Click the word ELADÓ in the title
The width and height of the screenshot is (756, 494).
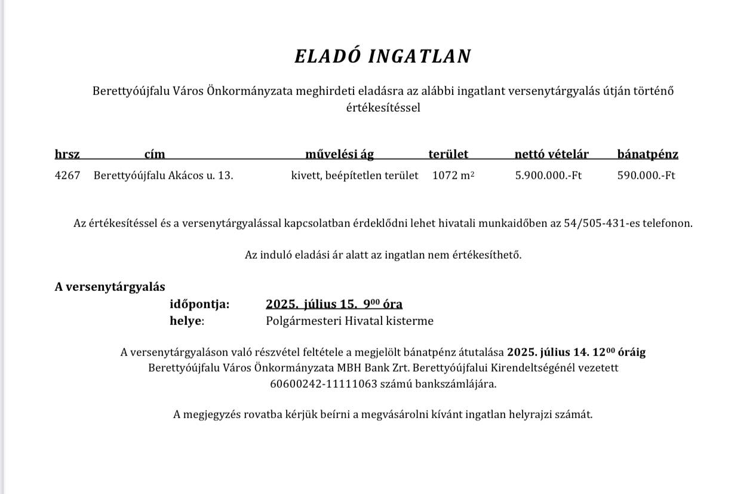pyautogui.click(x=328, y=56)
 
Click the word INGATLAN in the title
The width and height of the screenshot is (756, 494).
pyautogui.click(x=420, y=56)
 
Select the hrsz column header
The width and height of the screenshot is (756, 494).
pyautogui.click(x=67, y=154)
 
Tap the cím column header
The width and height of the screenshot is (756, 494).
pyautogui.click(x=155, y=154)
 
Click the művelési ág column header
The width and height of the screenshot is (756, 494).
pyautogui.click(x=339, y=154)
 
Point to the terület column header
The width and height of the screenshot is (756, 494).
pyautogui.click(x=448, y=154)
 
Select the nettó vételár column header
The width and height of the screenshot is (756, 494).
pyautogui.click(x=551, y=154)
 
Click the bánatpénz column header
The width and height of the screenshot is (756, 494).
pyautogui.click(x=647, y=154)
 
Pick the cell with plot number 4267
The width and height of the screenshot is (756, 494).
pyautogui.click(x=67, y=176)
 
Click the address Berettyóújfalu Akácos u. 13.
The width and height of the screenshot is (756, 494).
pyautogui.click(x=163, y=176)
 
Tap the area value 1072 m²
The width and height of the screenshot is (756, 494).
pyautogui.click(x=453, y=176)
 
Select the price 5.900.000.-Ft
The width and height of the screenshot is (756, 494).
pyautogui.click(x=548, y=176)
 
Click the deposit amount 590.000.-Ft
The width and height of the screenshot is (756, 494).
pyautogui.click(x=646, y=176)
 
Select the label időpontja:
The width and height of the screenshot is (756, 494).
pyautogui.click(x=199, y=304)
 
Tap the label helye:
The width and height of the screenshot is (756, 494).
pyautogui.click(x=186, y=321)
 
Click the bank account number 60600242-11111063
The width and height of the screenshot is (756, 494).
pyautogui.click(x=324, y=383)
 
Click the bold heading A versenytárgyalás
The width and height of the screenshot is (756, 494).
pyautogui.click(x=110, y=287)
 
